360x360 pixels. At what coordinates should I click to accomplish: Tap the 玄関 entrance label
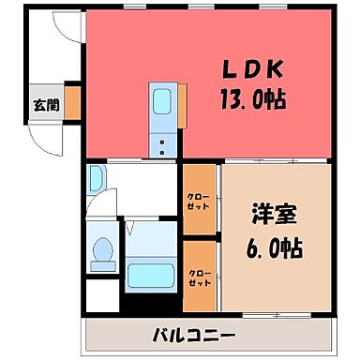click(x=45, y=105)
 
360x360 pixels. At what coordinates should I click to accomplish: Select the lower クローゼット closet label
click(x=198, y=277)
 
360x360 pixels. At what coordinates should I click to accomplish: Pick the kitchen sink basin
click(x=161, y=100)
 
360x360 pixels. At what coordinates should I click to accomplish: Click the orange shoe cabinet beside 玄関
click(x=72, y=104)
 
